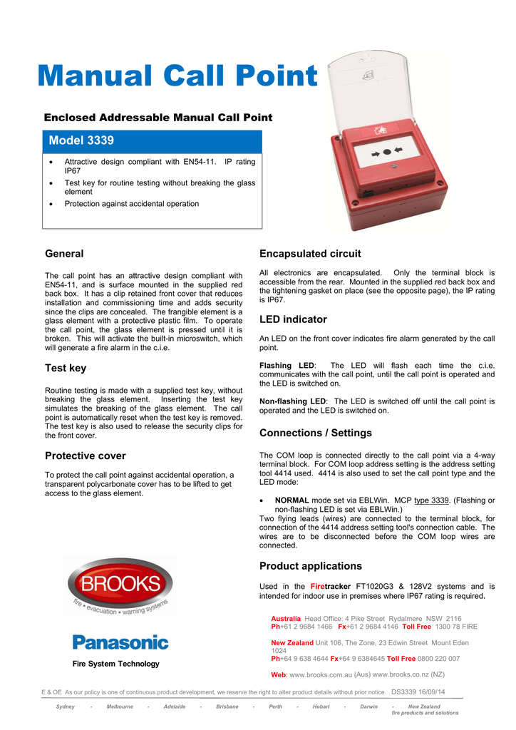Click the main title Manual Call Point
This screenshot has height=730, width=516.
[177, 77]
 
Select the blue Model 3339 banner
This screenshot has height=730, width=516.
[153, 140]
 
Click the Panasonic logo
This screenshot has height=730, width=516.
[120, 642]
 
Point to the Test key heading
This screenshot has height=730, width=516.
[66, 368]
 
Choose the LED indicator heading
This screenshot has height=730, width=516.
[293, 319]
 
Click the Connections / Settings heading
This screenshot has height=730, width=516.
[315, 433]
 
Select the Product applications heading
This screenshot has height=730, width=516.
[311, 566]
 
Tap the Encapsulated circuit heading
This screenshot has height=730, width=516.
[310, 254]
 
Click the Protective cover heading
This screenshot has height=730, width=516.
[85, 456]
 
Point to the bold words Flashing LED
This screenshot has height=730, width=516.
[287, 366]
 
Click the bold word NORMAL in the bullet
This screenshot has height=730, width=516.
[291, 500]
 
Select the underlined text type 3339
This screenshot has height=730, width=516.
[436, 500]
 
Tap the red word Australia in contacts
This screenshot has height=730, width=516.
[286, 619]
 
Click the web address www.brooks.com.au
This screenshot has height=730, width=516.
[321, 674]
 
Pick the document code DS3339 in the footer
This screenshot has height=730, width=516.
[408, 692]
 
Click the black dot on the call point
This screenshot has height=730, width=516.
[386, 152]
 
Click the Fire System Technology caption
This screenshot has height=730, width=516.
[116, 664]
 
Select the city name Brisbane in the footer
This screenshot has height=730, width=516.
[227, 706]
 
